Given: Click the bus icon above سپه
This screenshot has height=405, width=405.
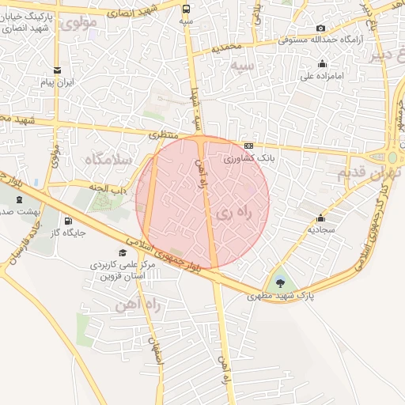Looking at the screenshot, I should tap(186, 9).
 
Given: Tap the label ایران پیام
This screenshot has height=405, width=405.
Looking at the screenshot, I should tap(57, 82).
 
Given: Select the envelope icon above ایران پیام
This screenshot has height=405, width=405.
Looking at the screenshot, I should tap(57, 70).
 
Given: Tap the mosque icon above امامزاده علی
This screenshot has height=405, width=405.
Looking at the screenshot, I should tap(322, 64).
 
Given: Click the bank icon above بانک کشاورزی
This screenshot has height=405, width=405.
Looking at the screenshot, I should tap(249, 146).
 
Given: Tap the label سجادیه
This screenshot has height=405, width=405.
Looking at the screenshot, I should tap(320, 230).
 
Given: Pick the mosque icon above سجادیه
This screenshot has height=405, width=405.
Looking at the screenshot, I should tap(320, 218).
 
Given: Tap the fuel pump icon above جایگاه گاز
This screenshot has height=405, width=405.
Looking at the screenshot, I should tap(67, 221).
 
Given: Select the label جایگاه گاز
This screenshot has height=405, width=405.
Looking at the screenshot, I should tap(67, 233).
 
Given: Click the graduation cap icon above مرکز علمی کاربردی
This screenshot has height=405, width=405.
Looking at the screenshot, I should tap(122, 252).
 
